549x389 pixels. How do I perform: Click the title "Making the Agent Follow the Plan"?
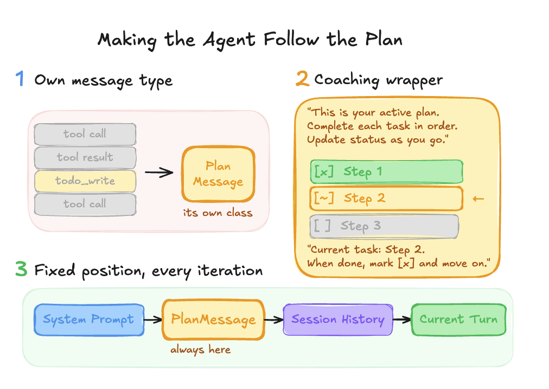click(250, 40)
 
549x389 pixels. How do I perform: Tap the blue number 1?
click(20, 80)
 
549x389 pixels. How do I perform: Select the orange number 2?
click(302, 80)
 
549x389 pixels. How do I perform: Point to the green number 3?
click(21, 270)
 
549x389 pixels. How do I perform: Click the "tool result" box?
click(85, 157)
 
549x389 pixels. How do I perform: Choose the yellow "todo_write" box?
click(85, 181)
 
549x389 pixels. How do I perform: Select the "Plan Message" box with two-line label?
click(218, 174)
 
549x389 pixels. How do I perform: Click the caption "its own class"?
click(218, 213)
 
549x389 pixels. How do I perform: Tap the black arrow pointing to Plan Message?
click(159, 173)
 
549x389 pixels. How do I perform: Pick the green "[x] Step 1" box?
click(386, 172)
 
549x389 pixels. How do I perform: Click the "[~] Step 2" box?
click(386, 198)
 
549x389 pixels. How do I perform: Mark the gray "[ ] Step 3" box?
click(384, 226)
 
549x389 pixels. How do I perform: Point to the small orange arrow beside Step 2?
click(478, 199)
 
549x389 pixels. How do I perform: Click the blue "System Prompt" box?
click(88, 319)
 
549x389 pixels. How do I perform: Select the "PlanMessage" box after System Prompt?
click(213, 320)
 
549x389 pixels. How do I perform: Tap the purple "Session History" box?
click(337, 319)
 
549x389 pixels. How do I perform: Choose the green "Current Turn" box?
click(458, 319)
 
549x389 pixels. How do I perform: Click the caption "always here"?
click(201, 350)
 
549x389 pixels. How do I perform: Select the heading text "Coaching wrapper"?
click(378, 80)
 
